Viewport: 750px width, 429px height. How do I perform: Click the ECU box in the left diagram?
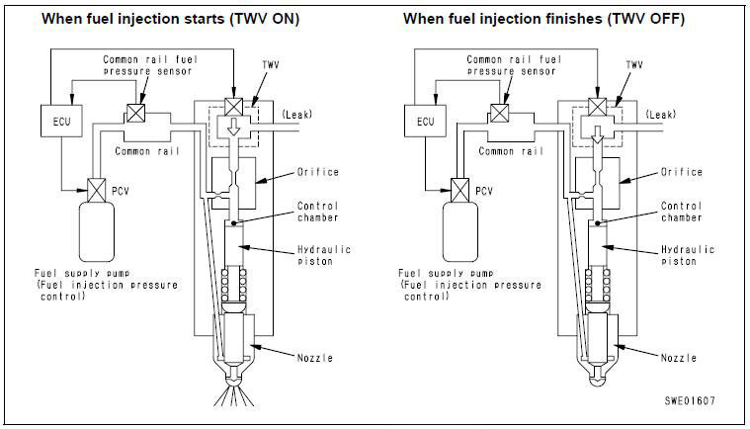pos(61,121)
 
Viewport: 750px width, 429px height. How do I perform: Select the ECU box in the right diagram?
pos(425,121)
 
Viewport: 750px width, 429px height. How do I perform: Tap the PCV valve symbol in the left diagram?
pos(97,191)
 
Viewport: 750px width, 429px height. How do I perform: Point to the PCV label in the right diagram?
pos(484,192)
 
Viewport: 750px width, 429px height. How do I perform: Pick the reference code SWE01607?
pos(690,400)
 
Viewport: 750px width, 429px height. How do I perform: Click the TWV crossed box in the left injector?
pos(233,107)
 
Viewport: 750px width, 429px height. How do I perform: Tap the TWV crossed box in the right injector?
pos(598,107)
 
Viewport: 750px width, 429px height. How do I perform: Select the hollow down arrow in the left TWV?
pos(233,127)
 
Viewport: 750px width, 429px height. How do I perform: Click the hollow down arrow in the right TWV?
pos(598,134)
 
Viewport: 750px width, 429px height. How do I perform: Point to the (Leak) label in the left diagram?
pos(296,115)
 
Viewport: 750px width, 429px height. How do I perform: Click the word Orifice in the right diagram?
pos(682,172)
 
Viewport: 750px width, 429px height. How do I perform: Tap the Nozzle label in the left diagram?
pos(315,358)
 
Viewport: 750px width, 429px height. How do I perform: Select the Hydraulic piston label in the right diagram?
pos(688,255)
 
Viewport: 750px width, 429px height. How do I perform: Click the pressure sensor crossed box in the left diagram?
pos(136,113)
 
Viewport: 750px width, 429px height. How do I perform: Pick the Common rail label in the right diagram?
pos(511,151)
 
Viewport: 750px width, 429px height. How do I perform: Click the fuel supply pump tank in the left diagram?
pos(97,232)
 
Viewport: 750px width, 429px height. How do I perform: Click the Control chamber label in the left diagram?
pos(318,212)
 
